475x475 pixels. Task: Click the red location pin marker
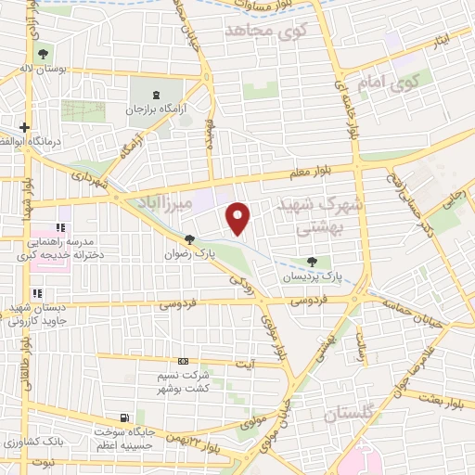[x=239, y=217]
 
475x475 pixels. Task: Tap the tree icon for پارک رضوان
[x=190, y=238]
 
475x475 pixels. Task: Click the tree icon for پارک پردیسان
[x=312, y=263]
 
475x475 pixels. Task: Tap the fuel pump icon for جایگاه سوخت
[x=126, y=417]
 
